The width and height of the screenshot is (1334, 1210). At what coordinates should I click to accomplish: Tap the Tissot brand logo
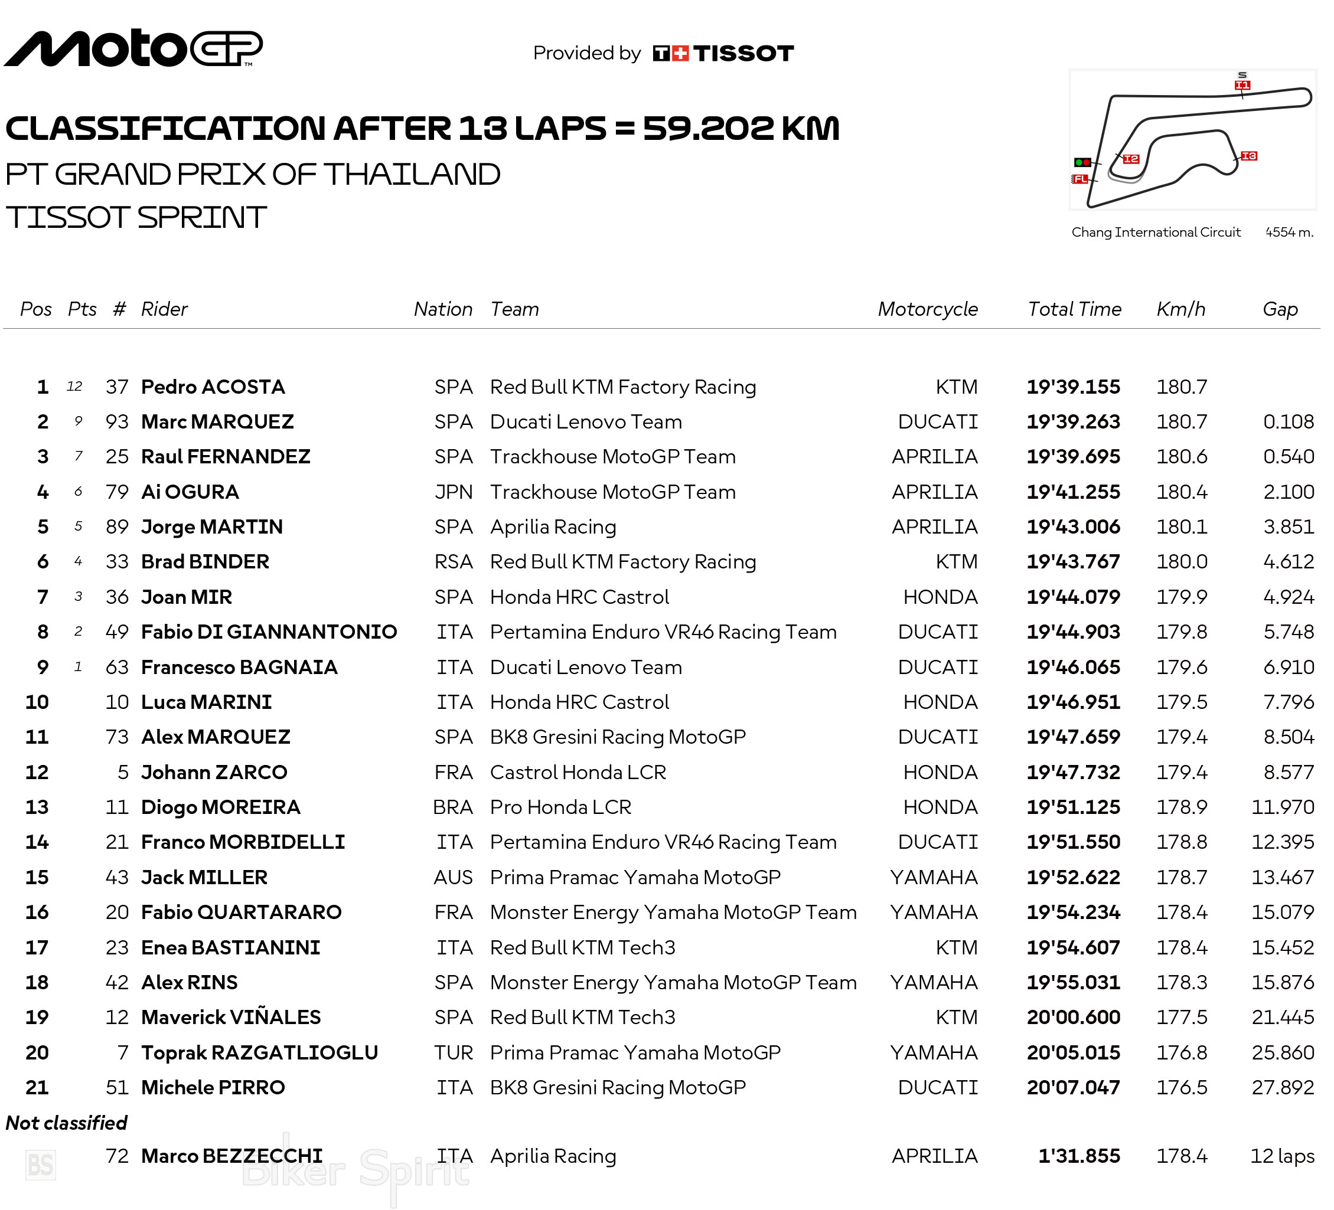723,54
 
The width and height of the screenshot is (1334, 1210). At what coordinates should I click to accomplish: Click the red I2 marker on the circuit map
1131,159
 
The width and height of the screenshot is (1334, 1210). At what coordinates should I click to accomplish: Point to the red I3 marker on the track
1248,156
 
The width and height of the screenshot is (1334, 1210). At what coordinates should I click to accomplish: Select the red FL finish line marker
1080,179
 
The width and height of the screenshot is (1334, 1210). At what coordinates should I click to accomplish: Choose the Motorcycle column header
927,309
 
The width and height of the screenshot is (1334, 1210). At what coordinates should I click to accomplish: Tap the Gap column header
1280,309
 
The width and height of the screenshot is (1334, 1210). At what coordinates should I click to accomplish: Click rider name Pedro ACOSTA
213,387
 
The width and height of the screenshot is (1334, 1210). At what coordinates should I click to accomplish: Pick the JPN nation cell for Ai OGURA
454,492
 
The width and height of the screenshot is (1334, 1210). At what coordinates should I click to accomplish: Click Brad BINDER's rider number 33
117,562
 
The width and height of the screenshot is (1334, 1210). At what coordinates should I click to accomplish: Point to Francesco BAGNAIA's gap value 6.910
1288,667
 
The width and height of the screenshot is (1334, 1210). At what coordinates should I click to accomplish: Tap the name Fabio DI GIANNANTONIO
269,632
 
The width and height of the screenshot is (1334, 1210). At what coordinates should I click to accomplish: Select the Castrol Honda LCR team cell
578,772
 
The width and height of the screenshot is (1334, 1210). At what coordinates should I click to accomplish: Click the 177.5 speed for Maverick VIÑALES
1181,1018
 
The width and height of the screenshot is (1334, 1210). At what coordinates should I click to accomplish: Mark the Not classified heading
66,1123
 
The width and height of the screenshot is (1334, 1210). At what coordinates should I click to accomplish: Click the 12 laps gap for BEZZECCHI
1281,1156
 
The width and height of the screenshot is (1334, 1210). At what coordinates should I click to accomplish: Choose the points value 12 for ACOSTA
75,387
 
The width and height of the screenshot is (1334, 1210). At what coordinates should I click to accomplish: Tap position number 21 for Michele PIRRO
37,1088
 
